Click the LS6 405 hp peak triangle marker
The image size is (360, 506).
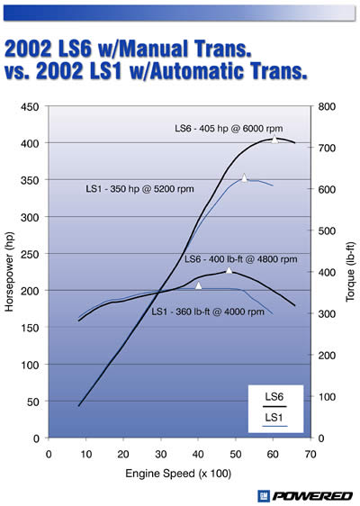(x=274, y=139)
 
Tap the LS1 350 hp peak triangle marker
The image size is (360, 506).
(x=244, y=177)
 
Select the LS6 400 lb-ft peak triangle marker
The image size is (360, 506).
(x=229, y=270)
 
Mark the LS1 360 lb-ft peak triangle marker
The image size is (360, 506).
(x=198, y=285)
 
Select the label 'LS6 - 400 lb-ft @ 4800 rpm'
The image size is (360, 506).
(x=240, y=258)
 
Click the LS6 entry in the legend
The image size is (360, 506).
(x=274, y=395)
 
